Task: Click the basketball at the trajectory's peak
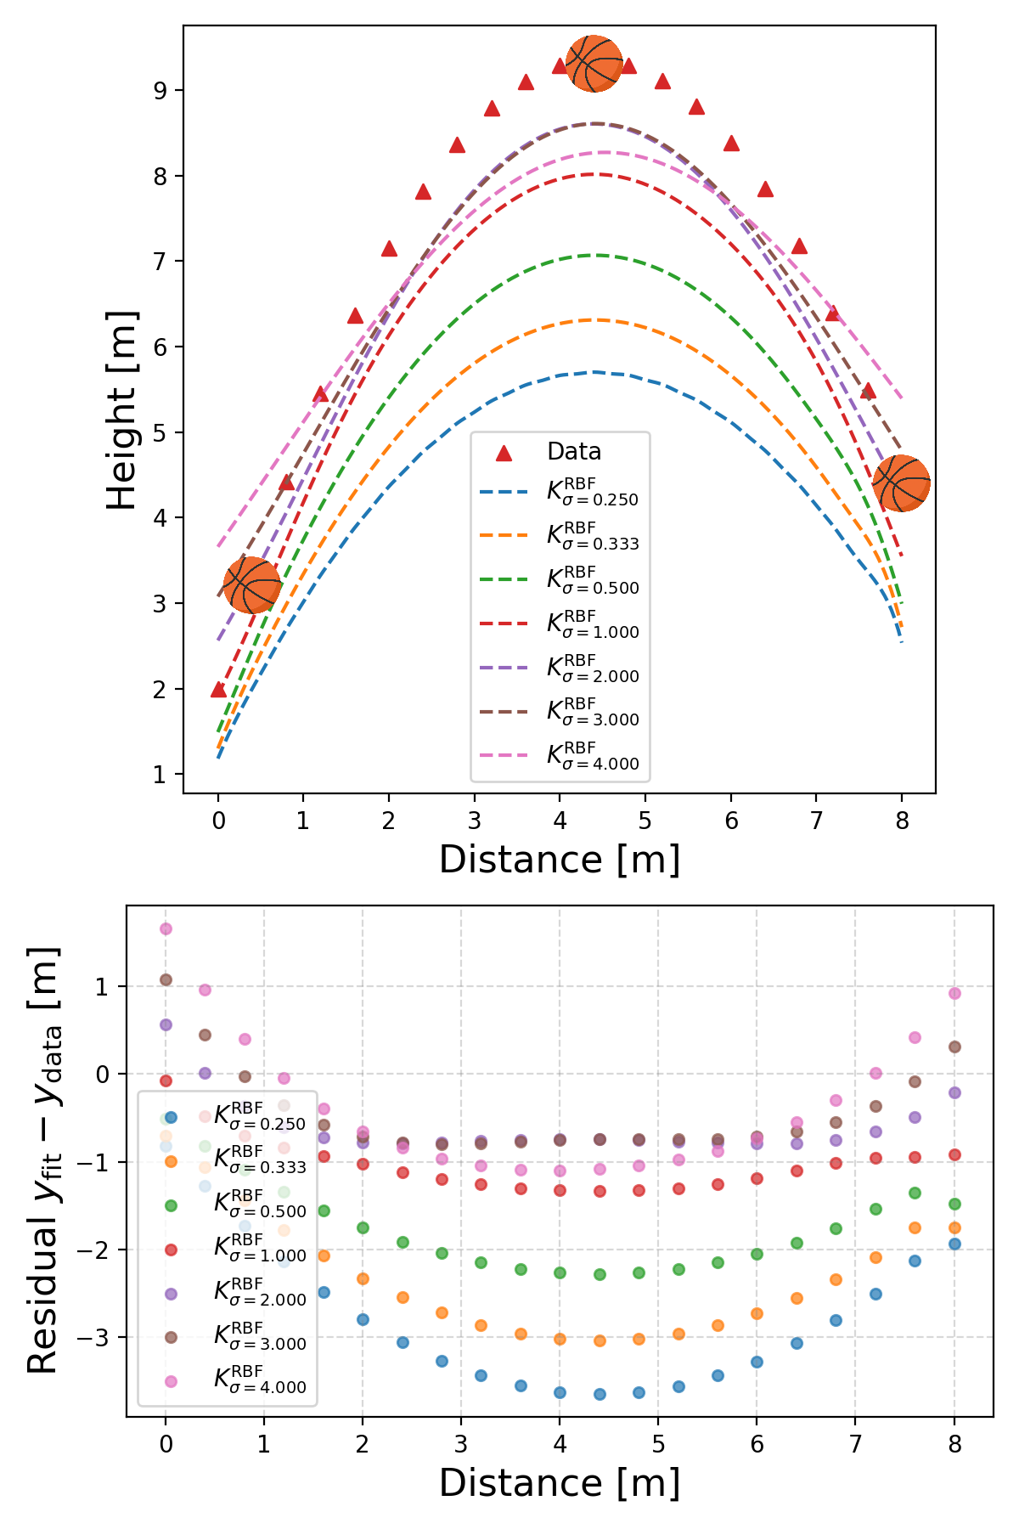[594, 64]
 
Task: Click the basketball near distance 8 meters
[902, 483]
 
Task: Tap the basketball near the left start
[252, 585]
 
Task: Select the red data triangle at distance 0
[218, 690]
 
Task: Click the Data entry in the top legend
[574, 452]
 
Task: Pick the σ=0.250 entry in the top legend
[592, 493]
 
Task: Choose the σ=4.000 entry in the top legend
[592, 757]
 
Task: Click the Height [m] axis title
[123, 409]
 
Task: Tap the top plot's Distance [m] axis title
[560, 860]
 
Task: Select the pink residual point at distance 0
[166, 928]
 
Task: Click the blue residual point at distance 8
[954, 1244]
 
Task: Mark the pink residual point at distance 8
[954, 993]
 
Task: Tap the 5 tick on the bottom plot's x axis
[658, 1443]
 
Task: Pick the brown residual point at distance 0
[166, 979]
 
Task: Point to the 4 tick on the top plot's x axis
[560, 821]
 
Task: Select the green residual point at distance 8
[954, 1204]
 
